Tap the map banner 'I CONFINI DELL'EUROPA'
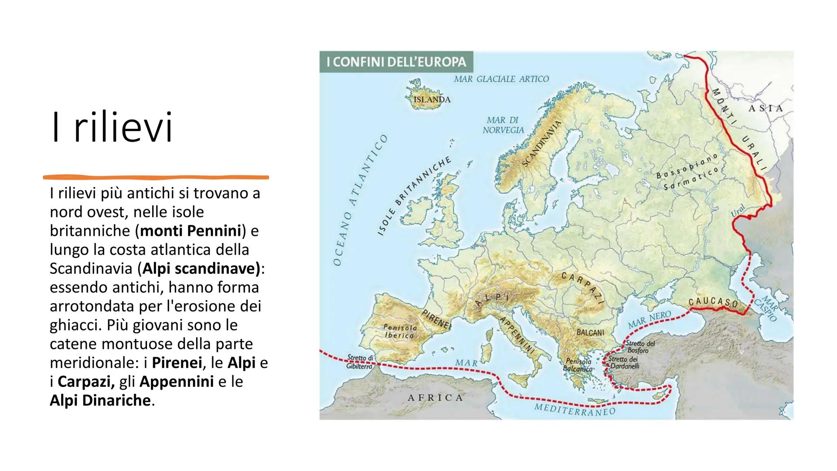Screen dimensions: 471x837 tap(396, 62)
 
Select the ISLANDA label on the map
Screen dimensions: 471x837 tap(432, 99)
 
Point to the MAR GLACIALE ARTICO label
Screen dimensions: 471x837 tap(501, 79)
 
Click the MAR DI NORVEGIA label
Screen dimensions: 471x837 tap(503, 125)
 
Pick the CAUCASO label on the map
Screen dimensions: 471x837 tap(714, 302)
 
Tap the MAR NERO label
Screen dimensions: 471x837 tap(649, 321)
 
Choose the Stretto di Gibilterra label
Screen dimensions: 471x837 tap(360, 362)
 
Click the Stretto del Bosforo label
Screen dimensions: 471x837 tap(640, 347)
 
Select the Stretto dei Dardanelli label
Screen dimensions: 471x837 tap(624, 363)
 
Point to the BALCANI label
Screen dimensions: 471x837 tap(590, 332)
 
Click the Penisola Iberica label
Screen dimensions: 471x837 tap(400, 331)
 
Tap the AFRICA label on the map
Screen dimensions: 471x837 tap(435, 398)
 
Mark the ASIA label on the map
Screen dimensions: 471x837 tap(766, 108)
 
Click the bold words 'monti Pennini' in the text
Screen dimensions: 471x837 tap(191, 231)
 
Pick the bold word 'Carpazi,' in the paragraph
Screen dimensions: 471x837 tap(86, 382)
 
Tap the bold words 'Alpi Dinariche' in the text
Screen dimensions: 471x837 tap(100, 400)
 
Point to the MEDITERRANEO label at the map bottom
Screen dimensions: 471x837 tap(575, 410)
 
